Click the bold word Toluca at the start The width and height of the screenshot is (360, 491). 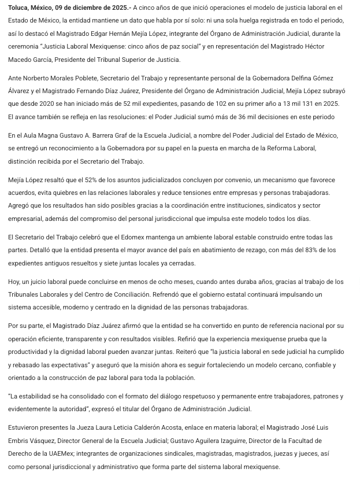point(20,8)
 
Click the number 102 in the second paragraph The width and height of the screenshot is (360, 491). point(192,104)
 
